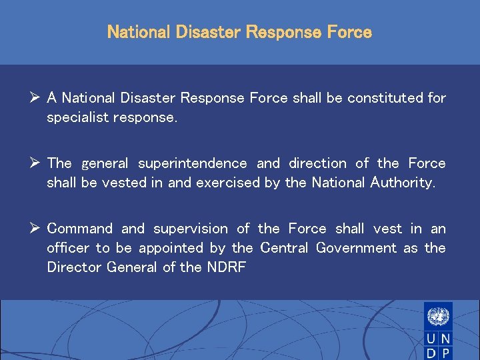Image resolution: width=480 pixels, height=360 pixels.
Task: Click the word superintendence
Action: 193,163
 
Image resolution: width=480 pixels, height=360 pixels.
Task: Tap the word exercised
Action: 227,183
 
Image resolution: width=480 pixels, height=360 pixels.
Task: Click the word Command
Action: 80,229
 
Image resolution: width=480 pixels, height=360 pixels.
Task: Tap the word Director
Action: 71,267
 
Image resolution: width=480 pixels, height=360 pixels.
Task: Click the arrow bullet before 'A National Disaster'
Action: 35,98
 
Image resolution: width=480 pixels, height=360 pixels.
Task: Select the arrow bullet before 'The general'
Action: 35,163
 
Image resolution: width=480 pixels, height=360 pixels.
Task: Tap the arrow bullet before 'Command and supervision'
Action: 35,229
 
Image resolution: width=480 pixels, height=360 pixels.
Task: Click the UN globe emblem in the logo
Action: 438,315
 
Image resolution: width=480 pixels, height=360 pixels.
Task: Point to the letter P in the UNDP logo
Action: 445,353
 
